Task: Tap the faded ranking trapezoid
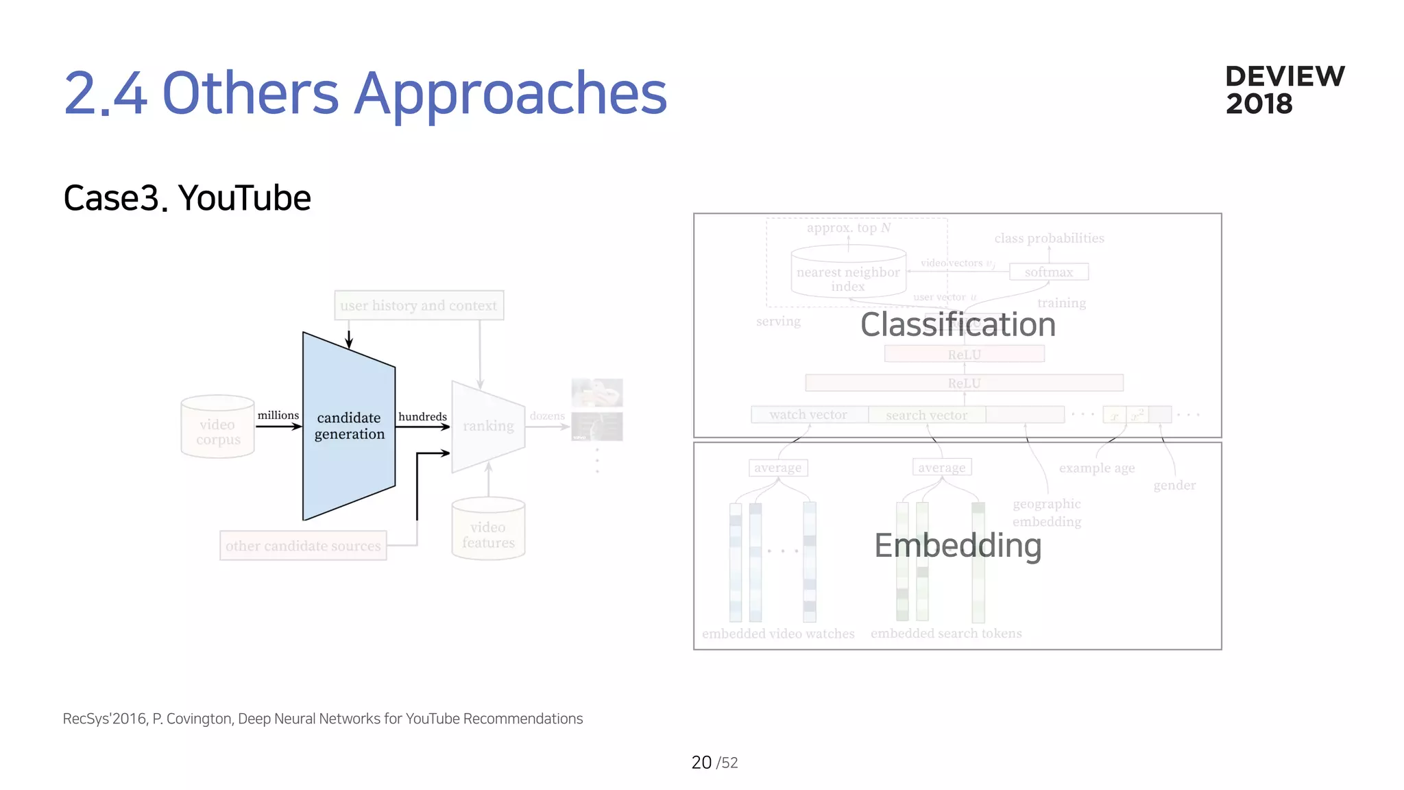click(488, 426)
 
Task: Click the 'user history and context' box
click(419, 305)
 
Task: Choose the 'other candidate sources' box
click(303, 546)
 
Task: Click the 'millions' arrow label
click(278, 415)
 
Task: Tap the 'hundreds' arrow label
click(422, 416)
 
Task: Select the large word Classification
click(958, 324)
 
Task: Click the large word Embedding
click(958, 546)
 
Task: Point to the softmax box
click(1048, 272)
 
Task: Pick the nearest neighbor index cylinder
click(848, 274)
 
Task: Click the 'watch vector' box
click(808, 415)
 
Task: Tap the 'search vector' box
click(926, 415)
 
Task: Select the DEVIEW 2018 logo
click(1284, 90)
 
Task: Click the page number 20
click(701, 763)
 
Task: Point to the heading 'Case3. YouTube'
click(187, 198)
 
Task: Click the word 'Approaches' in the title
click(510, 93)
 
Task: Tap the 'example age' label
click(1096, 468)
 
